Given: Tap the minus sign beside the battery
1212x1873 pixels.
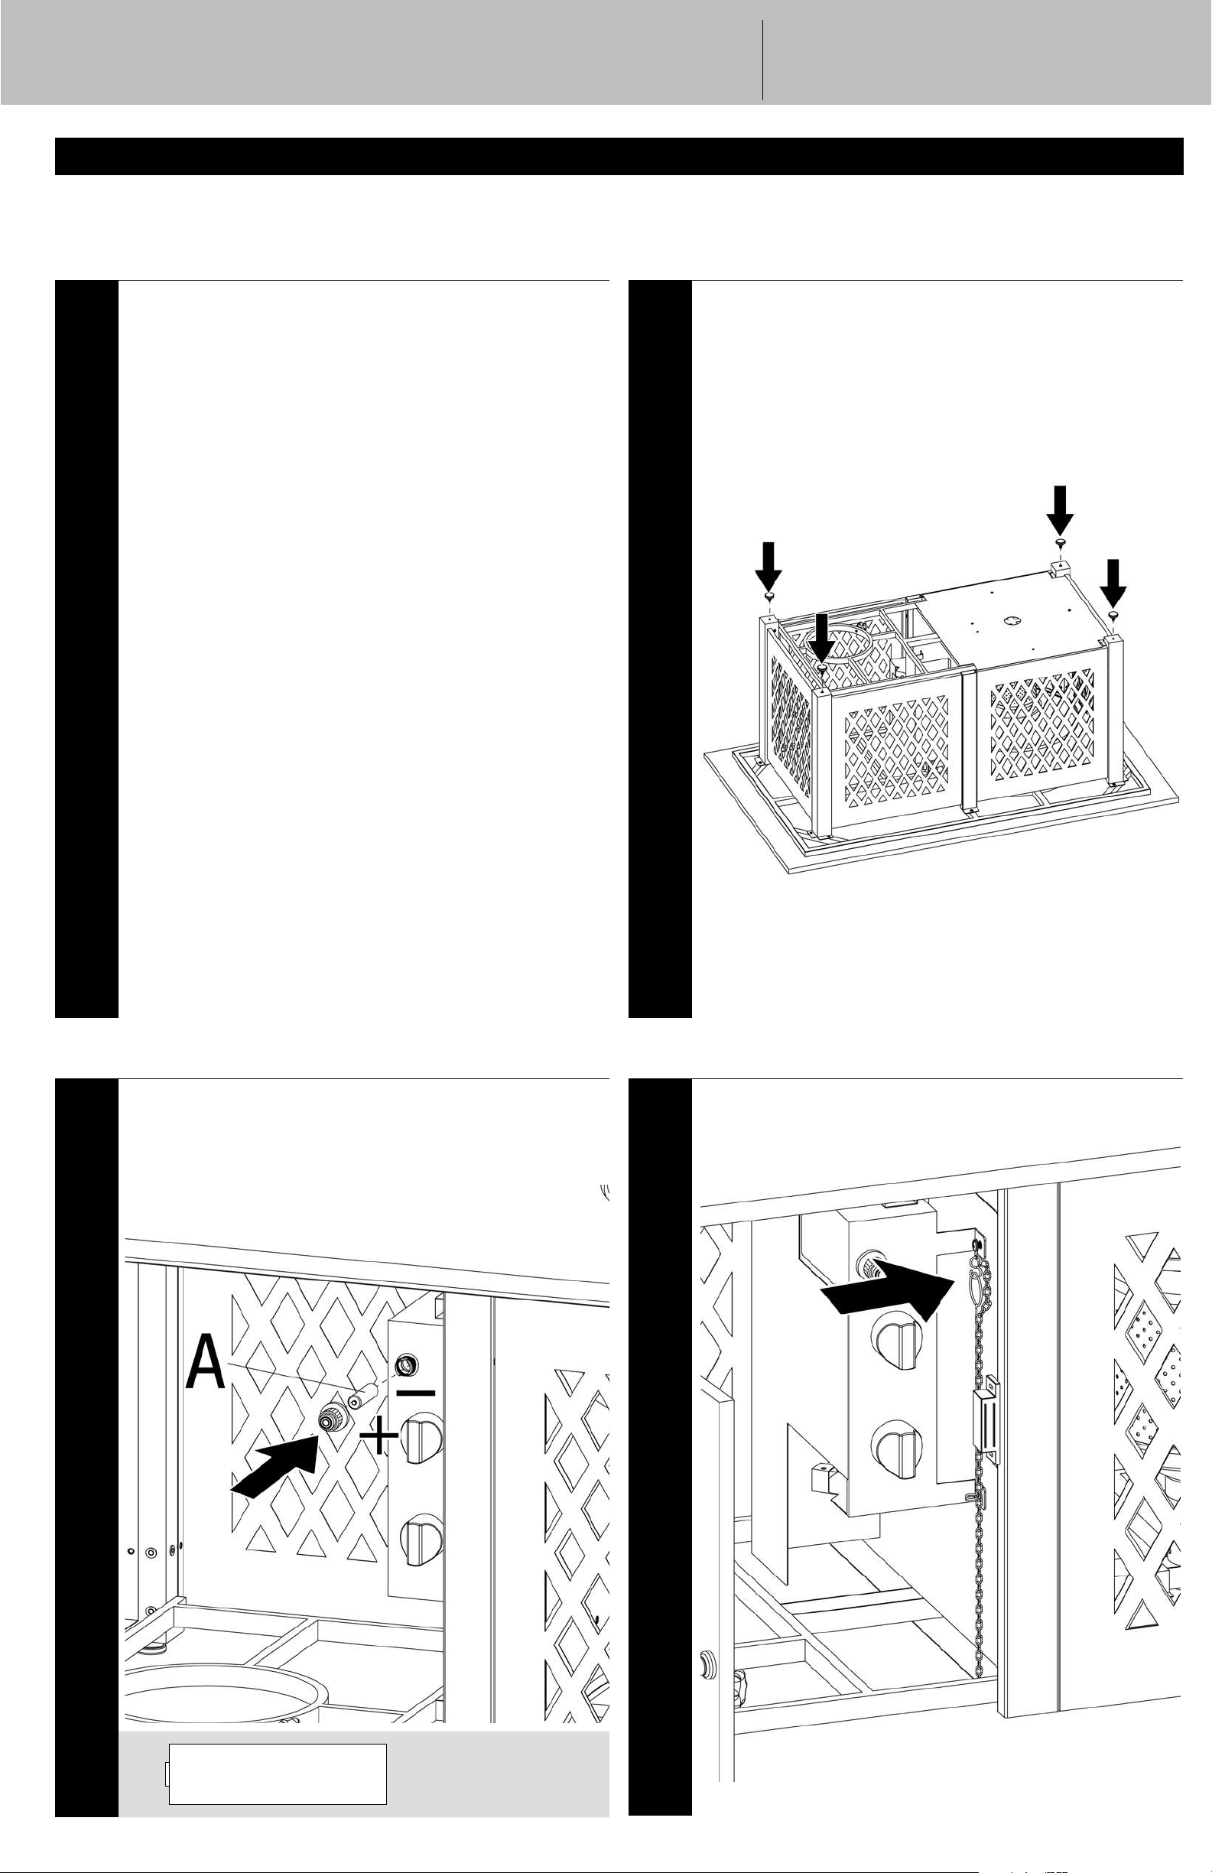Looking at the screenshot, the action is [415, 1392].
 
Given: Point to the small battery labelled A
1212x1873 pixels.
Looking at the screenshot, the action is [365, 1397].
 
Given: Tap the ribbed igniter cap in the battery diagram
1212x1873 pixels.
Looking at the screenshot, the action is [330, 1419].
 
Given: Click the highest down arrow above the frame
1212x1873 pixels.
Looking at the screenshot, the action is [1060, 511].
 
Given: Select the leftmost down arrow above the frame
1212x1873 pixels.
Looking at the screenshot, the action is [770, 567].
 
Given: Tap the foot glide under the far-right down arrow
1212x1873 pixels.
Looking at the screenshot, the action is [1113, 615].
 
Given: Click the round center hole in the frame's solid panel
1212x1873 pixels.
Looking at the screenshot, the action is [1008, 619].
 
